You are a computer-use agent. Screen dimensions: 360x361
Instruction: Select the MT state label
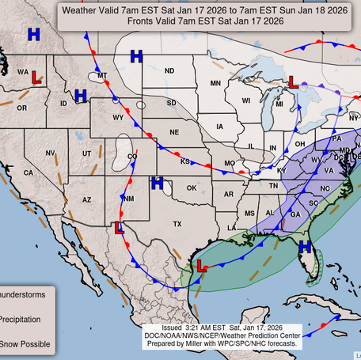(102, 76)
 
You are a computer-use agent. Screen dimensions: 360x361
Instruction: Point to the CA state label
(28, 172)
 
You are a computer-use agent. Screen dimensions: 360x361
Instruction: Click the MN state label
(215, 83)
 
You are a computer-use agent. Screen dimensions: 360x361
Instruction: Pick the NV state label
(50, 153)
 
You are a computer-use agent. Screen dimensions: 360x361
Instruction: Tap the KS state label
(184, 161)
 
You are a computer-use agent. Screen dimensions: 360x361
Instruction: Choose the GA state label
(294, 214)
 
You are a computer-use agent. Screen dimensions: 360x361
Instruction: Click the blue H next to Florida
(305, 248)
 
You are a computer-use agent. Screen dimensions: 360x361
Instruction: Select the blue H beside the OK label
(157, 184)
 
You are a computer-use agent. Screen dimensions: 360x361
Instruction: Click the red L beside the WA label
(36, 77)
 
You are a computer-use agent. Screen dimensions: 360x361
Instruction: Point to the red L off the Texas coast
(202, 268)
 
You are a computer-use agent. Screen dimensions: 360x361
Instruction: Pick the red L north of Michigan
(292, 81)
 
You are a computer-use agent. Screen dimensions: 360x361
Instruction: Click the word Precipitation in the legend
(25, 320)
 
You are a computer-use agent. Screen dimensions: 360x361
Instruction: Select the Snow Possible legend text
(25, 344)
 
